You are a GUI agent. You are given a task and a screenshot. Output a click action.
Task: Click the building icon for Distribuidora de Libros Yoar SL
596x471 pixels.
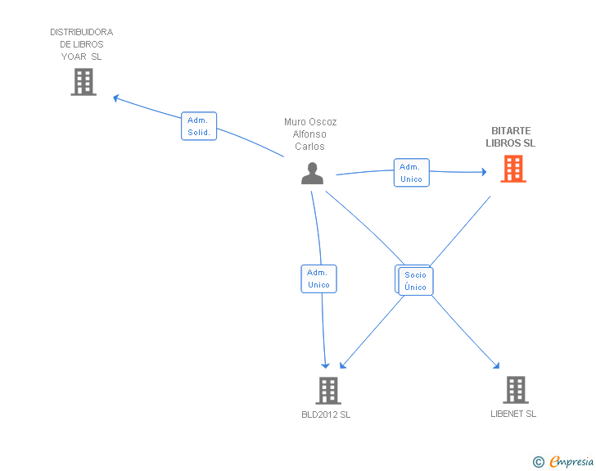click(x=84, y=82)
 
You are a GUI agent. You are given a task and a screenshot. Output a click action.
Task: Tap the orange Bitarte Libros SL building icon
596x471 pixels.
click(x=513, y=169)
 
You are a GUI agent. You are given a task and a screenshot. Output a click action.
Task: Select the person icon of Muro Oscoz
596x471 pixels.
click(x=311, y=174)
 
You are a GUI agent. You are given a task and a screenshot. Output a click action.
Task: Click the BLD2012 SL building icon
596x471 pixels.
click(x=327, y=391)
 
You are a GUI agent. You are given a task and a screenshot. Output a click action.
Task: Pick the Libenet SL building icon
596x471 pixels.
click(x=515, y=390)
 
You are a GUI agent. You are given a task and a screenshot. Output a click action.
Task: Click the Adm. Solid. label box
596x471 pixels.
click(x=199, y=126)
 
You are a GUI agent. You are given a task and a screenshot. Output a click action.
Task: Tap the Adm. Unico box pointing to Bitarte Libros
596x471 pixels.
click(x=411, y=173)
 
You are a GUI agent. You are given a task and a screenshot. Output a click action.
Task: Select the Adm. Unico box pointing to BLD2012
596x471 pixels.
click(x=318, y=279)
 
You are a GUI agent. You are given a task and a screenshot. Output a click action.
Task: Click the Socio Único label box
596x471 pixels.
click(x=415, y=281)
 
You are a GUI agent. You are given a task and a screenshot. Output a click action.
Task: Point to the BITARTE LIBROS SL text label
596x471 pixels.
click(x=511, y=137)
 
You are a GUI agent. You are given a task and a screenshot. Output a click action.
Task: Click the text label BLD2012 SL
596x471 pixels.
click(x=326, y=414)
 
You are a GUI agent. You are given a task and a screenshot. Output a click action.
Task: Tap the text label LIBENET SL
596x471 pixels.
click(x=513, y=414)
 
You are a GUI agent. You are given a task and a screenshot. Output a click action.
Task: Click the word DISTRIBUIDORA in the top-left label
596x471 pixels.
click(x=82, y=32)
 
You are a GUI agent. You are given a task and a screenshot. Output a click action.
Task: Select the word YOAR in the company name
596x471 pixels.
click(x=74, y=57)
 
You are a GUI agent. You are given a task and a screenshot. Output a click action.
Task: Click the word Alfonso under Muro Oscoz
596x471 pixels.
click(x=310, y=134)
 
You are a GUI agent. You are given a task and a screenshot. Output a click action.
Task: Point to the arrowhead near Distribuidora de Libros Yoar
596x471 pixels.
click(x=116, y=97)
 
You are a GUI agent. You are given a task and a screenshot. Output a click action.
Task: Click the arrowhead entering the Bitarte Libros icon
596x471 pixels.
click(x=485, y=172)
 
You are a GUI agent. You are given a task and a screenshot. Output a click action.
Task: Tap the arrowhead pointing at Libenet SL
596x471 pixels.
click(x=495, y=366)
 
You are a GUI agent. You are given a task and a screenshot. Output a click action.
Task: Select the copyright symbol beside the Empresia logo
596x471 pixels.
click(x=539, y=462)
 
